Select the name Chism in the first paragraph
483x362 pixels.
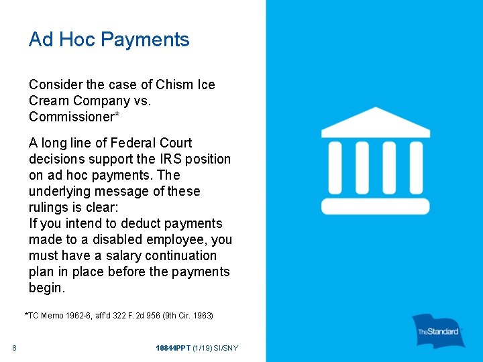point(175,85)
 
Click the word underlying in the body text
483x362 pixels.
point(58,192)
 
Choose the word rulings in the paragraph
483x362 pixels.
point(49,208)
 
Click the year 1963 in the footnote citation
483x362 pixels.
point(203,315)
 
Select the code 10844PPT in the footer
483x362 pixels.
point(172,348)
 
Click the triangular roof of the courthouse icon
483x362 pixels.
point(375,123)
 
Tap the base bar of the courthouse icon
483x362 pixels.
point(375,206)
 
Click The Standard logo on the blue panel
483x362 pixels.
point(439,330)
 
